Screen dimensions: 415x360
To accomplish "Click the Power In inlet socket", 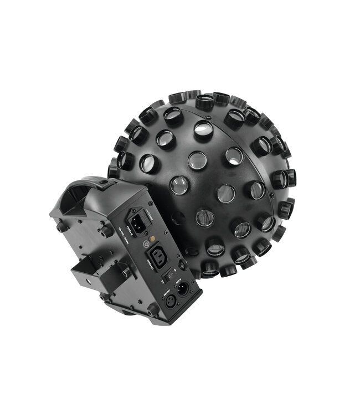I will click(x=137, y=224).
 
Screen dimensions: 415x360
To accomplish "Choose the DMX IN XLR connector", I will click(x=183, y=289).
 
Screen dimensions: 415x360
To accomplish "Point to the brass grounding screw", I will click(x=152, y=238).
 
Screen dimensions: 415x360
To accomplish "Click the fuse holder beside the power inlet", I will click(x=146, y=219).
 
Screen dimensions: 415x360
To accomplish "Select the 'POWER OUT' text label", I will click(x=148, y=263).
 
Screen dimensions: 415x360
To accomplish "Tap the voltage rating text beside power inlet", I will click(x=124, y=235).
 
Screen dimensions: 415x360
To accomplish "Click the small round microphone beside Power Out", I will click(x=183, y=264).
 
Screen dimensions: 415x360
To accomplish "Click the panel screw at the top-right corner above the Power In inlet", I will click(x=151, y=203).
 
